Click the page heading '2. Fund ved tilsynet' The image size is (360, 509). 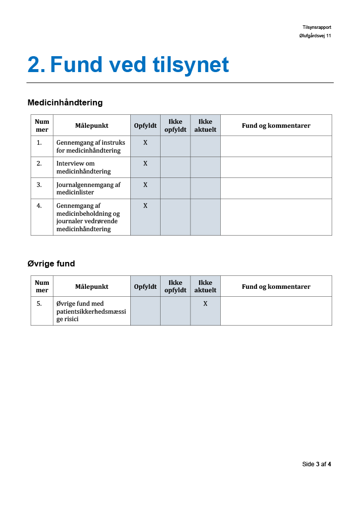tap(128, 65)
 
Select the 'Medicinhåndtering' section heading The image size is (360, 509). tap(65, 103)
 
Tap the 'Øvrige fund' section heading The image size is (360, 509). tap(51, 264)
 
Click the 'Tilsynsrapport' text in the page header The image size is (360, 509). tap(317, 27)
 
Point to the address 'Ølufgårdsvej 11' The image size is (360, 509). tap(312, 36)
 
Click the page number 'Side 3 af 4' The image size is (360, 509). tap(317, 464)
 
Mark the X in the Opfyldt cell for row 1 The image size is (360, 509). tap(145, 143)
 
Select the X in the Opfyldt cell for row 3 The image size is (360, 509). tap(145, 185)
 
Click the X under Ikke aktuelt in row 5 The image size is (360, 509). tap(205, 303)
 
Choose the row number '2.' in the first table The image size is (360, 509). tap(39, 164)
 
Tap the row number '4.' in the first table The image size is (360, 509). tap(39, 206)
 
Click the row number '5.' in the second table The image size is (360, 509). tap(39, 304)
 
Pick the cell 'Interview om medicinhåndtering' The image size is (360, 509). tap(84, 168)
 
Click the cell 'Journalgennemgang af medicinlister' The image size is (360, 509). tap(89, 188)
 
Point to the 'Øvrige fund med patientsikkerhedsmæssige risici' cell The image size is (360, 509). tap(91, 311)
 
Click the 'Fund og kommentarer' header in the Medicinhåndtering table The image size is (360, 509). tap(276, 126)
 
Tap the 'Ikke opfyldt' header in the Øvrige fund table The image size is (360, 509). tap(175, 287)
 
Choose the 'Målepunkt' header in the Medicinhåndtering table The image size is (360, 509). tap(91, 126)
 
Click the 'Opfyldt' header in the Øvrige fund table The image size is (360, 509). tap(145, 287)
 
